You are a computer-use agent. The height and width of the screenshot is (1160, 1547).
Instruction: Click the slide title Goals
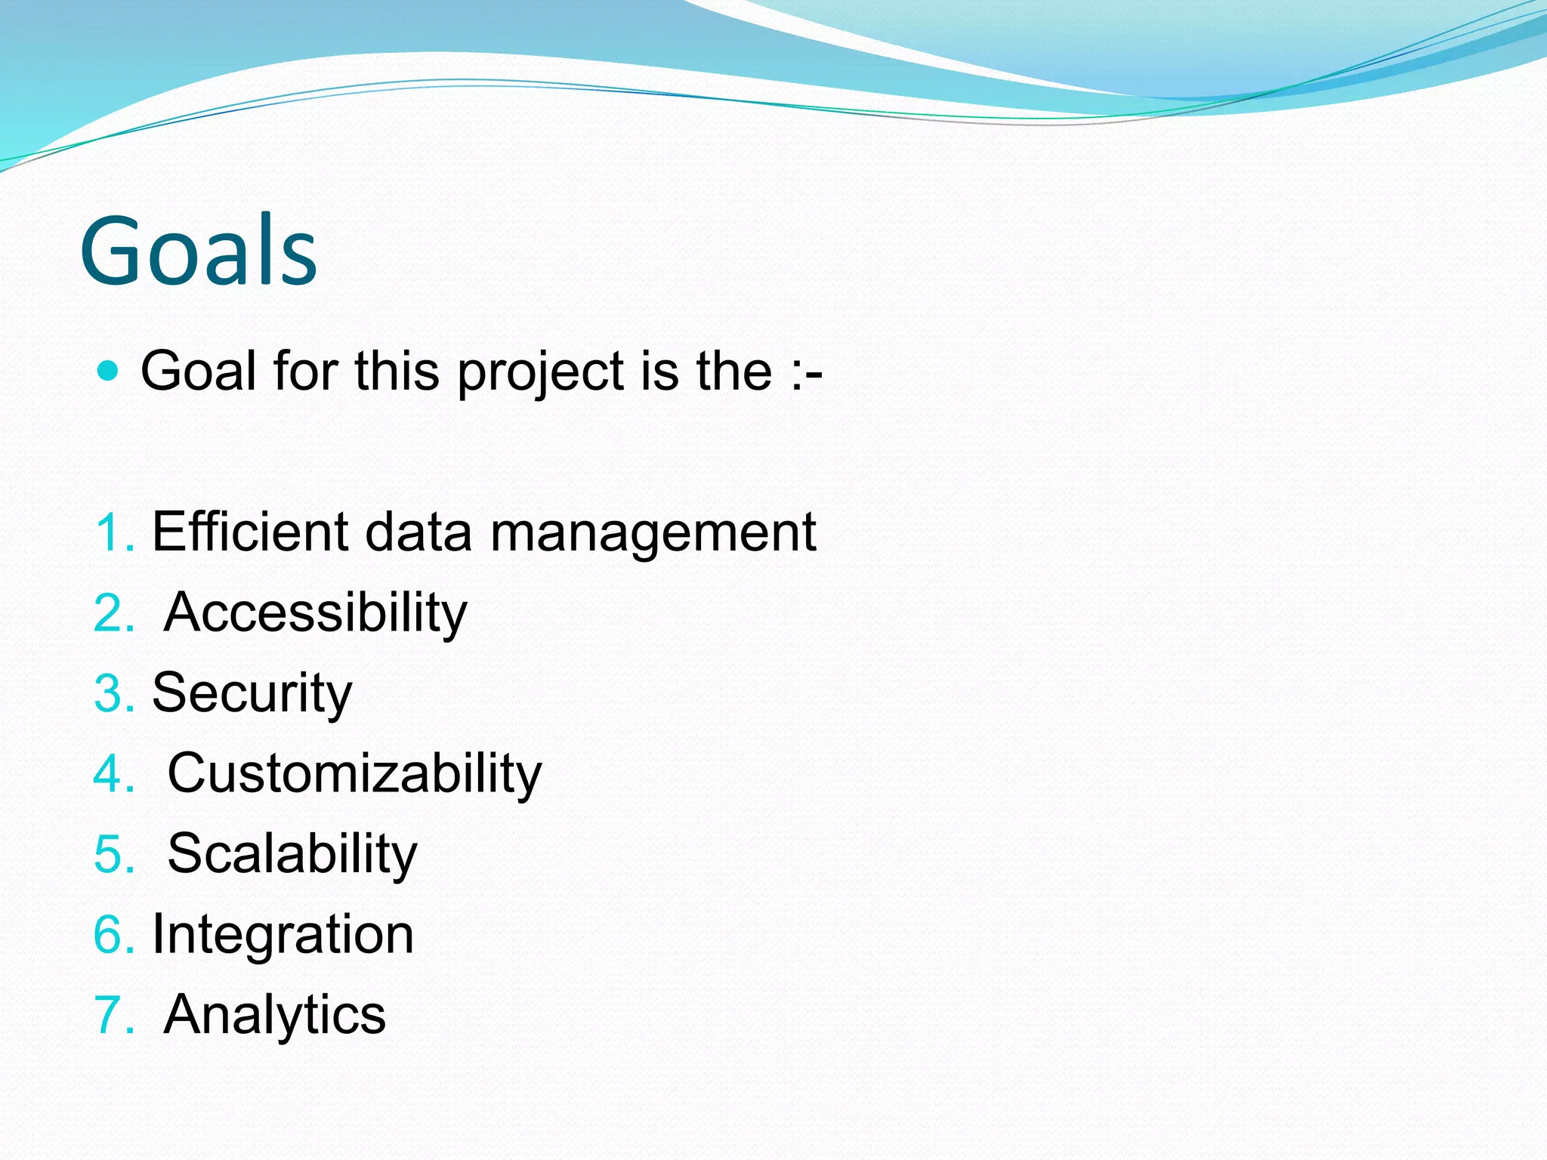pos(198,251)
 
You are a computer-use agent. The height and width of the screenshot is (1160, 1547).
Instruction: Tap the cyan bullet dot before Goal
pos(109,371)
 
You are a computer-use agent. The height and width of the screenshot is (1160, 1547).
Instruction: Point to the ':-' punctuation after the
pos(807,372)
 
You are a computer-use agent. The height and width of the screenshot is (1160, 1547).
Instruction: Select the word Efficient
pos(250,532)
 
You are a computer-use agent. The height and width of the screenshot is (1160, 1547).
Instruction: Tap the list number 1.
pos(113,533)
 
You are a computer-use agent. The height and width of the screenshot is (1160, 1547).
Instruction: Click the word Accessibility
pos(315,613)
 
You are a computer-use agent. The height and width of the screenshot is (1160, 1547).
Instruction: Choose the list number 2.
pos(113,613)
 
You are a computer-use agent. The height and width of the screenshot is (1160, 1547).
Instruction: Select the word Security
pos(252,693)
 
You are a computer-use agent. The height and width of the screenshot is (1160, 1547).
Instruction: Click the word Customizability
pos(354,774)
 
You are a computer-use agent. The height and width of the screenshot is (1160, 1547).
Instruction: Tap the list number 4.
pos(113,774)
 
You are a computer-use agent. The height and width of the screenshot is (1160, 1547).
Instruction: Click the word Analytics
pos(274,1014)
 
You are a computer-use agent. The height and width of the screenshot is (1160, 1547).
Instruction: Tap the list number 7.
pos(113,1015)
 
